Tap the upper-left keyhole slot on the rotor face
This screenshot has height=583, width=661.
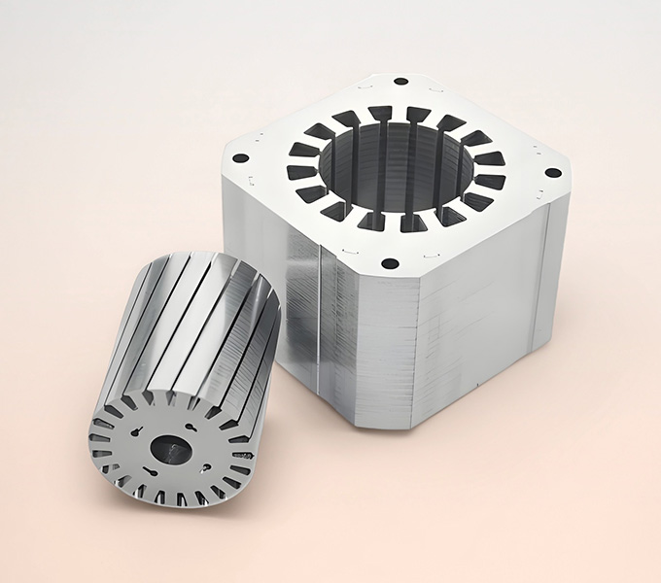click(135, 432)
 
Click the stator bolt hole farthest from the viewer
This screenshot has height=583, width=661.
click(400, 81)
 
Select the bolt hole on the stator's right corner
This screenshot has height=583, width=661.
click(553, 172)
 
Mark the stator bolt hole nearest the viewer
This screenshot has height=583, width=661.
click(389, 263)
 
